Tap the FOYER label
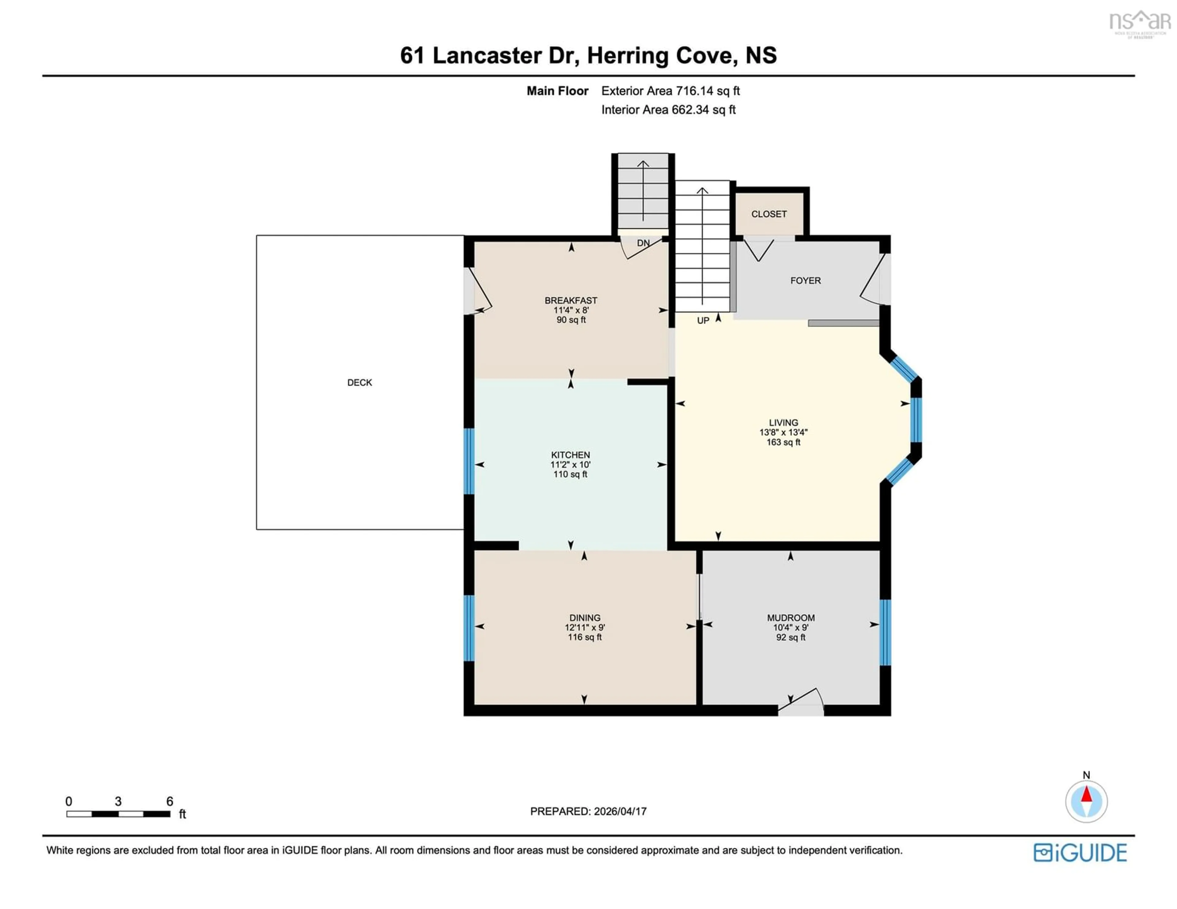pyautogui.click(x=805, y=281)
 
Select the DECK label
pyautogui.click(x=360, y=382)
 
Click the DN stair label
pyautogui.click(x=643, y=243)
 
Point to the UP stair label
pyautogui.click(x=703, y=321)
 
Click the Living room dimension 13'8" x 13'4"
pyautogui.click(x=783, y=432)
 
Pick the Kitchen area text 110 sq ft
pyautogui.click(x=570, y=474)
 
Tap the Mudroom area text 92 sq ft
pyautogui.click(x=790, y=637)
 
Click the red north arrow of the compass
pyautogui.click(x=1086, y=794)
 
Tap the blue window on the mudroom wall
pyautogui.click(x=885, y=632)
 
